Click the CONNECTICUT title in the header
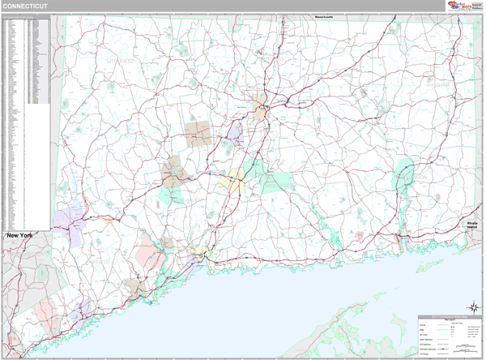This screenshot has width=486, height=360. (x=24, y=6)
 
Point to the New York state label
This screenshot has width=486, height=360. (x=25, y=235)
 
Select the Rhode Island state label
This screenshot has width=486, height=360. (x=471, y=225)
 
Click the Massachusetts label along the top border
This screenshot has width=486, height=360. (x=307, y=16)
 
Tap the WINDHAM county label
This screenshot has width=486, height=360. (x=437, y=84)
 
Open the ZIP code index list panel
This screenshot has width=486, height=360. (x=26, y=122)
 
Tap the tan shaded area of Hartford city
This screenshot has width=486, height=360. (x=262, y=104)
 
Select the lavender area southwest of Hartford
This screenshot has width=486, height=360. (x=235, y=131)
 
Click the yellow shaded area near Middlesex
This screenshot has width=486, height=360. (x=232, y=185)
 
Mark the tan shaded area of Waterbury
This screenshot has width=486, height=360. (x=173, y=171)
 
